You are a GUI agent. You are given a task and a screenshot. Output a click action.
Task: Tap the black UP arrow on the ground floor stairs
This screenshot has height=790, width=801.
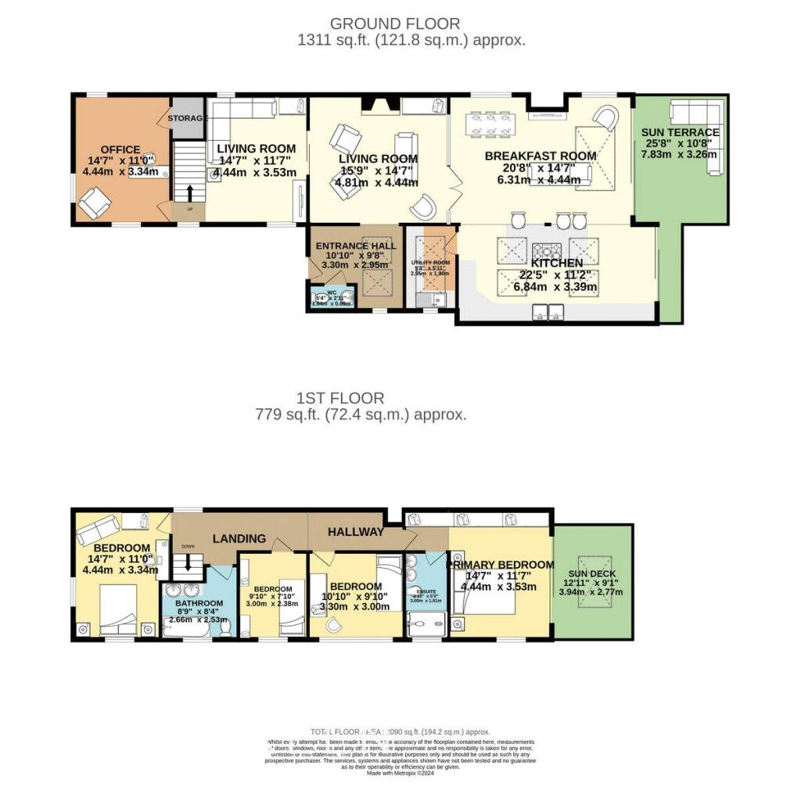189,192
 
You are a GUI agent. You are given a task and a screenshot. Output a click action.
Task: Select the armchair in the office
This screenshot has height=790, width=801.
93,205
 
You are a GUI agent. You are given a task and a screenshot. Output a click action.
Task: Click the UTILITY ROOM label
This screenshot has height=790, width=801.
430,263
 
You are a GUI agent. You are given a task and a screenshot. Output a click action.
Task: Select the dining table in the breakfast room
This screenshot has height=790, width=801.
490,124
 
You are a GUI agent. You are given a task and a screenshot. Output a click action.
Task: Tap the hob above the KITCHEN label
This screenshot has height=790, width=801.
545,251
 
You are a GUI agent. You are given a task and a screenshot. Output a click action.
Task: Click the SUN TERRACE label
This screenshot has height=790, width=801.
680,132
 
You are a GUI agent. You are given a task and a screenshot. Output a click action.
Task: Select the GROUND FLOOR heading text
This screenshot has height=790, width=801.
395,23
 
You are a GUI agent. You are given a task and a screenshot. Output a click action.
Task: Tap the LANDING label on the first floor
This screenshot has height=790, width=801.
241,539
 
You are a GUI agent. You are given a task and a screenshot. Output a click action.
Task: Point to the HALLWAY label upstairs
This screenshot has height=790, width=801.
356,532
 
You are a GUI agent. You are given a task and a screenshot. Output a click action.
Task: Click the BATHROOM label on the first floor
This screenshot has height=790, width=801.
199,603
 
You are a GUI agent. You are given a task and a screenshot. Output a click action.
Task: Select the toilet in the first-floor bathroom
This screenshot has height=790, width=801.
224,624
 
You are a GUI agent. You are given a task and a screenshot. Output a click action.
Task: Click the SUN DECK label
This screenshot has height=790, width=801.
591,573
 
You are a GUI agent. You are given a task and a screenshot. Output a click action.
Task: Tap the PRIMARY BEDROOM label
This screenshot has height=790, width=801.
500,565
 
